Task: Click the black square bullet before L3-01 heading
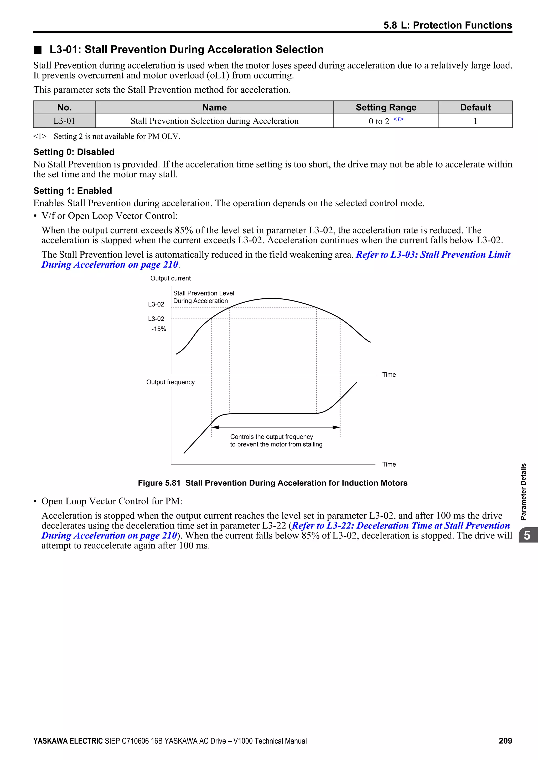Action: [38, 50]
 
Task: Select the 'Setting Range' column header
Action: [386, 107]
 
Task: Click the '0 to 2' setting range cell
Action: [379, 121]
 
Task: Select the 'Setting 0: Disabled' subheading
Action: [74, 152]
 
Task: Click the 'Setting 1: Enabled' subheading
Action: [73, 191]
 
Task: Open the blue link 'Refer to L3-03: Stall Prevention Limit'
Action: [433, 255]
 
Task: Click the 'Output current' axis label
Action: [170, 278]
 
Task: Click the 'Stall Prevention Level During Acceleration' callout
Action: [203, 297]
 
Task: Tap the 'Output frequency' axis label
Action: [170, 382]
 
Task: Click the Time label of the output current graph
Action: [389, 374]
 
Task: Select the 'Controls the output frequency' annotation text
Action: [272, 437]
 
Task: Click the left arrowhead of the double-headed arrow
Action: [215, 427]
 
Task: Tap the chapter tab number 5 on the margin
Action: [527, 535]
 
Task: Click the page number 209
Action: [505, 741]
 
